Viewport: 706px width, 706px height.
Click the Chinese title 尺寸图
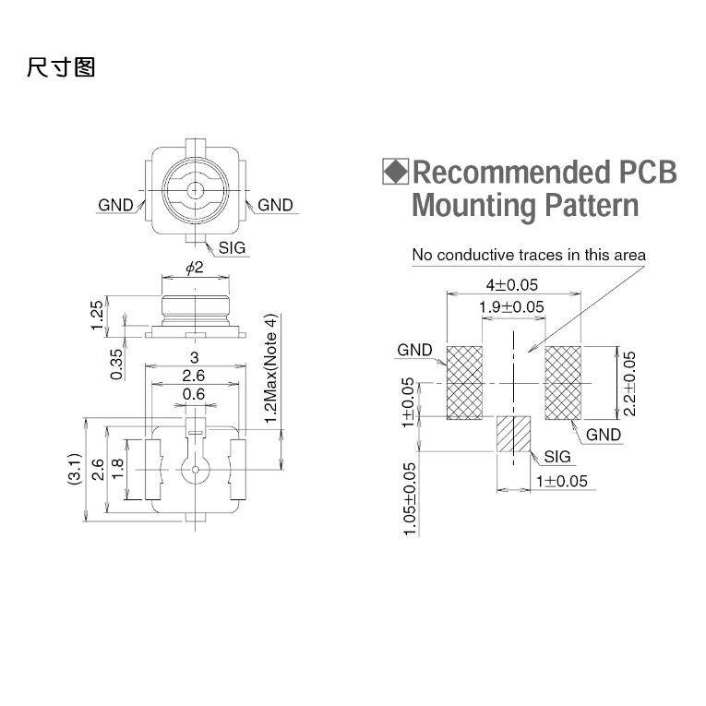(61, 67)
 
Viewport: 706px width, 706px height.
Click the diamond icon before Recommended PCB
(395, 172)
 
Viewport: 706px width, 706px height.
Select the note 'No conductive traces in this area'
(529, 255)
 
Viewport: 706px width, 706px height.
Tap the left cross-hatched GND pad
(465, 383)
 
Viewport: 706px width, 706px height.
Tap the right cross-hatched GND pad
(562, 383)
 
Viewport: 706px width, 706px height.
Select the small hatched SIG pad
(514, 434)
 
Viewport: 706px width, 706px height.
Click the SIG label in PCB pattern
(557, 457)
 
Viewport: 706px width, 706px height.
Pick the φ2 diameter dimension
(194, 268)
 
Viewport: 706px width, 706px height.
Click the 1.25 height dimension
(98, 317)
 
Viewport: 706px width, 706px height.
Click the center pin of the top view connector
(195, 191)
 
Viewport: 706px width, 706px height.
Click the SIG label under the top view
(232, 247)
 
